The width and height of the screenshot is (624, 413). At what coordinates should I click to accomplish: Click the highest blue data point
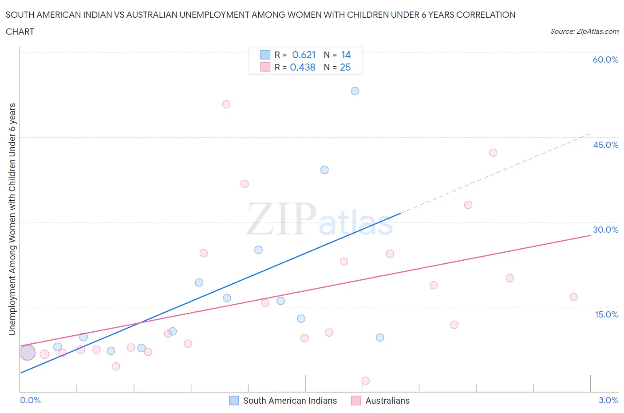point(355,91)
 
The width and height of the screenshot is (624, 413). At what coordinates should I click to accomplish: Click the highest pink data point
point(226,104)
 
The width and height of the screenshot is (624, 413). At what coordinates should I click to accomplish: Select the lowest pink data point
point(366,381)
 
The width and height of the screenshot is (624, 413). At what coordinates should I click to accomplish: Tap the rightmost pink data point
point(573,297)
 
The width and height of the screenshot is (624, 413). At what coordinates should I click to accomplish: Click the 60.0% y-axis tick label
point(605,60)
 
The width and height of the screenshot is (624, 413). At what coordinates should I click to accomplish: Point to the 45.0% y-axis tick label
point(605,145)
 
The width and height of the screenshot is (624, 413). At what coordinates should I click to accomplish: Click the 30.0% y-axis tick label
point(605,230)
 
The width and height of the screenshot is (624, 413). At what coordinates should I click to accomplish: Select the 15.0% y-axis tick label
point(606,314)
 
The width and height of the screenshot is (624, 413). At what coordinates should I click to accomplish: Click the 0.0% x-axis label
point(31,400)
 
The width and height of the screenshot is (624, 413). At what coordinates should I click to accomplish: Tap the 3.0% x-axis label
point(608,400)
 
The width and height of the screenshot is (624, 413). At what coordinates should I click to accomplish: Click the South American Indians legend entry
point(290,401)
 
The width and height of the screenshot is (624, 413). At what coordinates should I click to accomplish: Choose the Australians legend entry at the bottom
point(387,401)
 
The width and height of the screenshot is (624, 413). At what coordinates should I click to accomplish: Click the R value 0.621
point(304,55)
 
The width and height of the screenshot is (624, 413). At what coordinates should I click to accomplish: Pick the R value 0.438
point(303,67)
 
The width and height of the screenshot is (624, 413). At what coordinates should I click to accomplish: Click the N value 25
point(345,67)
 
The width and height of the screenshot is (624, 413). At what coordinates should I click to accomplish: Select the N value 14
point(346,55)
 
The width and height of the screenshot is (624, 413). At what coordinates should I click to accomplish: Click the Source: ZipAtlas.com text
point(584,31)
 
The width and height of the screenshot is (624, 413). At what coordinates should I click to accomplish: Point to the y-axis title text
point(12,219)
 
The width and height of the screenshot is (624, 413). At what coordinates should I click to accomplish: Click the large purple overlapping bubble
point(28,353)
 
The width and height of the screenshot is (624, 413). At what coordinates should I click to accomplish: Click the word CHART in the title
point(20,32)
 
